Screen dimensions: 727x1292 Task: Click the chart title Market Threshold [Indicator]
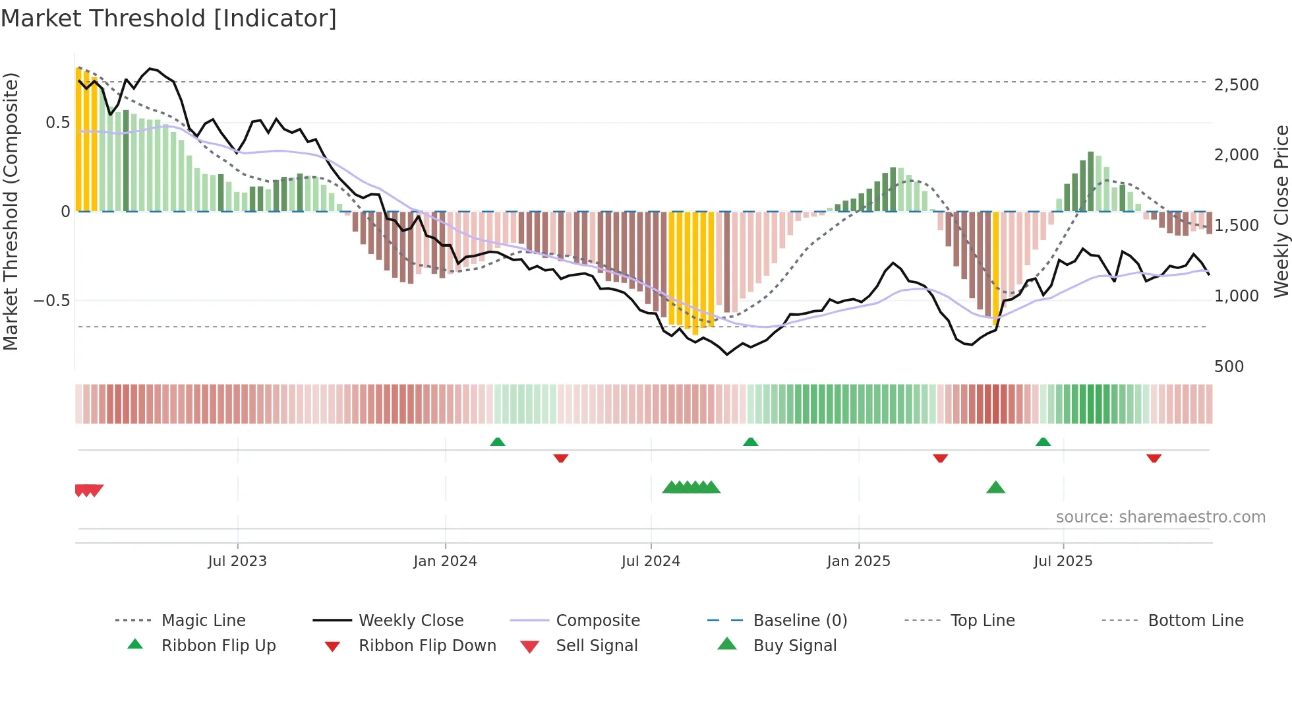coord(169,18)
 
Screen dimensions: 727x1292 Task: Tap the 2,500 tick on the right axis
coord(1236,85)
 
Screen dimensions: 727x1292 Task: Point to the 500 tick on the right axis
coord(1229,367)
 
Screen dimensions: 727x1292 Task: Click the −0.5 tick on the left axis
coord(51,301)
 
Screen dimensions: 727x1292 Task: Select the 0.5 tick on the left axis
coord(57,123)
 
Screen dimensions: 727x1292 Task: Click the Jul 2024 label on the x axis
coord(650,561)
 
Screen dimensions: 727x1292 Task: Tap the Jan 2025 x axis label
coord(858,561)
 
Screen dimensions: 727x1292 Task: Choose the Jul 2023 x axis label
coord(237,561)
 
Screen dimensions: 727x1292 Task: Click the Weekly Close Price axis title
coord(1281,211)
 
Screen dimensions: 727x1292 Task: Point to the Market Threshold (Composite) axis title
coord(11,211)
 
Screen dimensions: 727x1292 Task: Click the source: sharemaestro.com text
coord(1160,517)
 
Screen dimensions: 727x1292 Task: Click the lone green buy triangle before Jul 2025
coord(995,488)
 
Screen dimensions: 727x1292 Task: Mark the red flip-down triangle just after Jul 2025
coord(1154,458)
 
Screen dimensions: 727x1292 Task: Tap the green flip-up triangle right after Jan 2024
coord(498,442)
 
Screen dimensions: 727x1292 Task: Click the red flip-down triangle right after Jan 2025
coord(941,458)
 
